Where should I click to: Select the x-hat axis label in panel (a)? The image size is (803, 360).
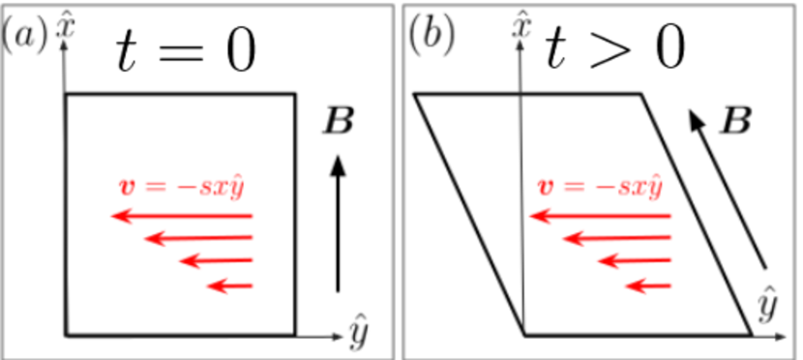click(65, 23)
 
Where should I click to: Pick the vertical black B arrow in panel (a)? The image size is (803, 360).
click(338, 224)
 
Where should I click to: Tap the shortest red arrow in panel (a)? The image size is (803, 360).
click(230, 285)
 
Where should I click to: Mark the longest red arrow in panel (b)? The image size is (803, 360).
click(601, 216)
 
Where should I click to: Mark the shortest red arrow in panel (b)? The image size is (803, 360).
click(649, 285)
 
